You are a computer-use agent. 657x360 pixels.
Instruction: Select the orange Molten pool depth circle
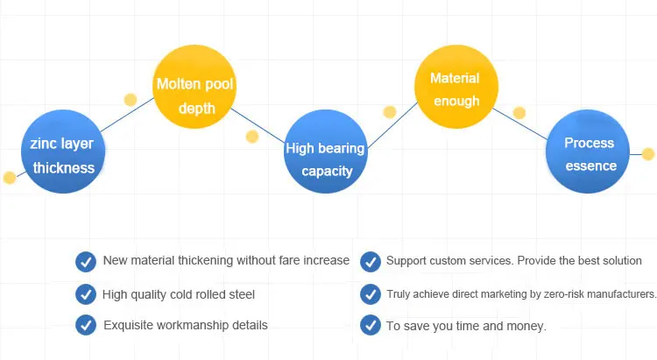195,95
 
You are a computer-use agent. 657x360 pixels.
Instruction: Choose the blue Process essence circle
589,154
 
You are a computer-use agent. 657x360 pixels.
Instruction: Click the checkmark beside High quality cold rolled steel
86,293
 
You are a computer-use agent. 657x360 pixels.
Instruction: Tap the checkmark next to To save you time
370,325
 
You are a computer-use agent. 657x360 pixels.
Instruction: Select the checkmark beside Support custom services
370,261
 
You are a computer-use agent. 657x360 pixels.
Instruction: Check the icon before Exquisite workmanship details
86,325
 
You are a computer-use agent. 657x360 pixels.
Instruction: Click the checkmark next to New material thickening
86,261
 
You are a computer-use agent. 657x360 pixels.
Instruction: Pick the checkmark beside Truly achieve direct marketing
370,293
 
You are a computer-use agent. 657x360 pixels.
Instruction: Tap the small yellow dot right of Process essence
648,154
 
